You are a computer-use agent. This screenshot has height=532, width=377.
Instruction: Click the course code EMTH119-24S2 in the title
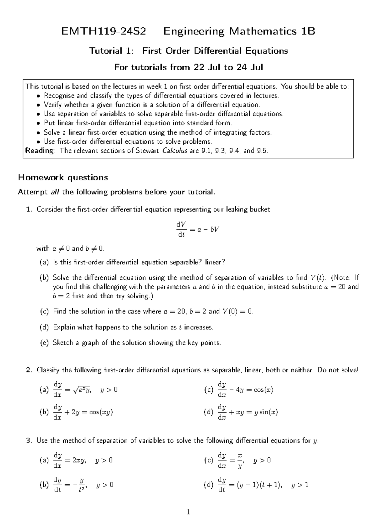104,31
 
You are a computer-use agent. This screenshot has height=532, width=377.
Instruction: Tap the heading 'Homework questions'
63,178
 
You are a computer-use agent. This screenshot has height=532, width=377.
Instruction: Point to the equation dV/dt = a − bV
197,229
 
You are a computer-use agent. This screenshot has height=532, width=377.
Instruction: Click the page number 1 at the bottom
188,513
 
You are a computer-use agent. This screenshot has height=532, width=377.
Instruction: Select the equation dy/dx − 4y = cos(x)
245,390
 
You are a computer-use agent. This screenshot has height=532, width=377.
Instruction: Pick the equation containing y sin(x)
247,412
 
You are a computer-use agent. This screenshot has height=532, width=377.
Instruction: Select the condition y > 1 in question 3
300,485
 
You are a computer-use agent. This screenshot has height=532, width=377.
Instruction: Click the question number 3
29,441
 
